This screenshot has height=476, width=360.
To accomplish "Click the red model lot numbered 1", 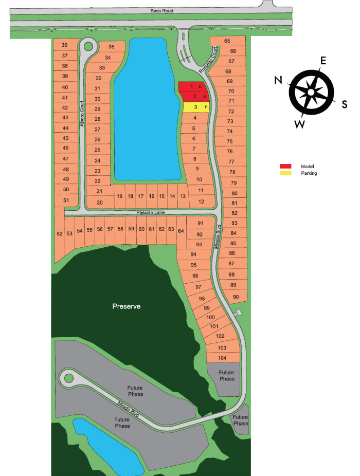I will (x=192, y=86).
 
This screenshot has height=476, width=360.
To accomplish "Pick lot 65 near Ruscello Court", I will (x=227, y=41).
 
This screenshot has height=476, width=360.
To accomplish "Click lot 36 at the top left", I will (x=65, y=45).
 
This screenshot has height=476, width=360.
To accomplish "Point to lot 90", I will (x=236, y=297).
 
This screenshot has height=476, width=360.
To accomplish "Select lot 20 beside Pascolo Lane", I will (x=99, y=202).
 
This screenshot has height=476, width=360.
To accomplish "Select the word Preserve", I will (x=127, y=306).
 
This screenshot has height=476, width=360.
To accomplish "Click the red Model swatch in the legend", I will (x=285, y=167).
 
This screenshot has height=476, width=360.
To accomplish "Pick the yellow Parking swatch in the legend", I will (x=285, y=173).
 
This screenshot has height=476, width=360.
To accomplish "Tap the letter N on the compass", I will (x=278, y=80).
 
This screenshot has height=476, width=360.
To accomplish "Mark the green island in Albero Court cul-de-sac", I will (x=88, y=46).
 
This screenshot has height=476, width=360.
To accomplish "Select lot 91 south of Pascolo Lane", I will (x=201, y=223).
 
